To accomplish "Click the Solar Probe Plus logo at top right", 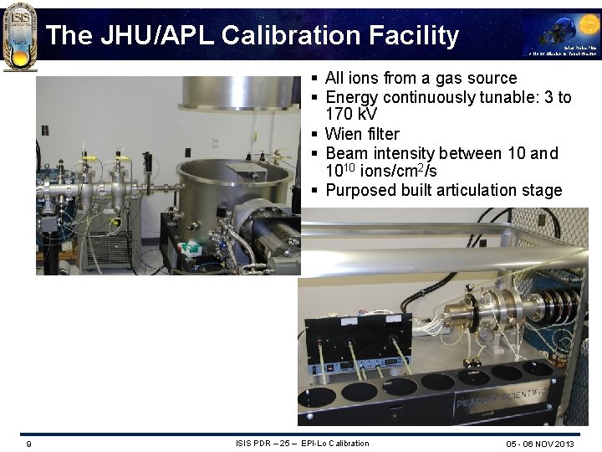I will point(561,34).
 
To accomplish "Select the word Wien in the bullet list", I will point(344,134).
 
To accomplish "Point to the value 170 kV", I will point(350,115).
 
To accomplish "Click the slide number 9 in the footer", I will point(29,444).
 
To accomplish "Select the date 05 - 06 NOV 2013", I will point(539,444).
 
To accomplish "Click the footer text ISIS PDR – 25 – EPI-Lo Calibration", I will point(302,443).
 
